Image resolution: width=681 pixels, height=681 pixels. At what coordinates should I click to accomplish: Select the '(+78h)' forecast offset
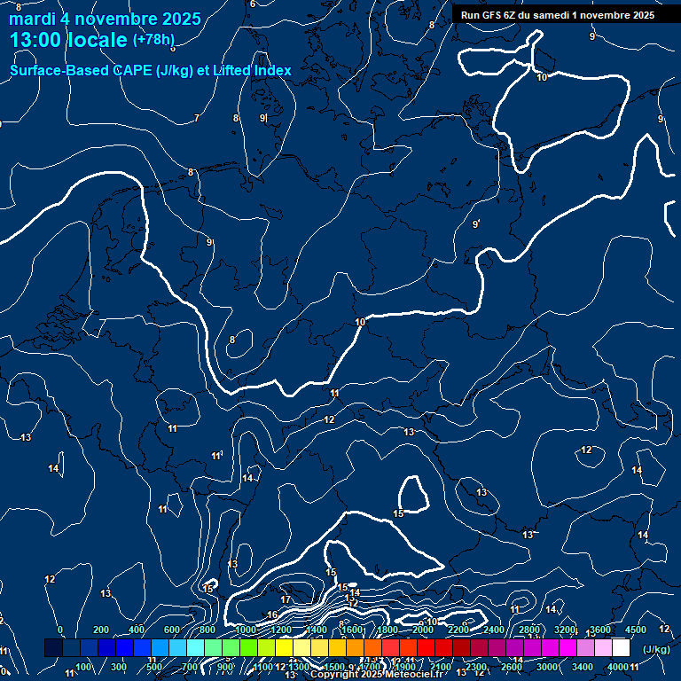click(153, 40)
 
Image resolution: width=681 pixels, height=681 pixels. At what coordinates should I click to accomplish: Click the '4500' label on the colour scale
click(635, 630)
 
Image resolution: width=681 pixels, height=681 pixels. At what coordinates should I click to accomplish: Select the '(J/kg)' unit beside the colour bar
click(655, 649)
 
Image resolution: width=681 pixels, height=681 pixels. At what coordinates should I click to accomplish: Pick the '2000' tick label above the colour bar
click(423, 630)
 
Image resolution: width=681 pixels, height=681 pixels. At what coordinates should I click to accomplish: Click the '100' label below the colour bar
click(84, 667)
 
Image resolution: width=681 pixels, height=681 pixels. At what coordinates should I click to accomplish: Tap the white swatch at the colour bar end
click(621, 648)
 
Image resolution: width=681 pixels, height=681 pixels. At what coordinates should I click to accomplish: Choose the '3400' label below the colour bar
click(582, 667)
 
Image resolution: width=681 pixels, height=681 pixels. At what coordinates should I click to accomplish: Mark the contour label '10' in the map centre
click(360, 322)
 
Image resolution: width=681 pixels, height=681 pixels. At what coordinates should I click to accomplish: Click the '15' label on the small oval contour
click(399, 513)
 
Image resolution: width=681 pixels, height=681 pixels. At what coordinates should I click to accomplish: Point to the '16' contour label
click(272, 615)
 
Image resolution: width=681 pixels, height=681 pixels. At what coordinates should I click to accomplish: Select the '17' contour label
click(286, 600)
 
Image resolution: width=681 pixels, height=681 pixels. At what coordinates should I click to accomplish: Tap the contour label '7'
click(196, 118)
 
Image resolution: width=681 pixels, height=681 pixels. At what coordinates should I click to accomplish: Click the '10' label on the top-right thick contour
click(542, 78)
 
